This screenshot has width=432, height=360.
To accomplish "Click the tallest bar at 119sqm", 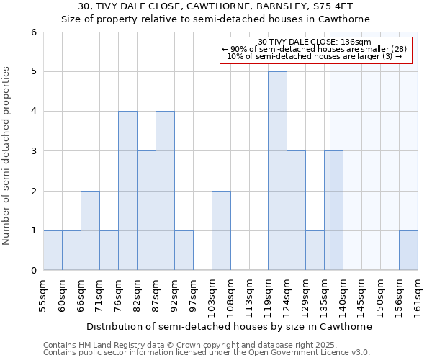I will click(x=277, y=171).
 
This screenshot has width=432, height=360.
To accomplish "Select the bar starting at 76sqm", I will click(x=127, y=190).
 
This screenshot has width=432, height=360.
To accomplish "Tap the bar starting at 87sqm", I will click(x=165, y=190).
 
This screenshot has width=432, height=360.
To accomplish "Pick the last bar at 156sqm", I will click(x=408, y=250).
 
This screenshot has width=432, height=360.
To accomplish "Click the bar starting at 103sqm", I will click(x=221, y=230).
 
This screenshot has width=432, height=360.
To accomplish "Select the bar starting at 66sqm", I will click(x=90, y=230).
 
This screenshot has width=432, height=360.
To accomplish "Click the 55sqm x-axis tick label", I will click(x=43, y=295).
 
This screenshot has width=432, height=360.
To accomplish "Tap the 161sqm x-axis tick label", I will click(x=418, y=295).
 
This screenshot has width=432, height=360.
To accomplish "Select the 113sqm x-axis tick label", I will click(x=249, y=295).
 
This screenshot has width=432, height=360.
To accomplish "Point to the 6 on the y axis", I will click(x=33, y=32).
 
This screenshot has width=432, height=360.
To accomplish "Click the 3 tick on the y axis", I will click(x=33, y=151).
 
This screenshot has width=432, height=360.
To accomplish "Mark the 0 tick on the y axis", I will click(x=33, y=271).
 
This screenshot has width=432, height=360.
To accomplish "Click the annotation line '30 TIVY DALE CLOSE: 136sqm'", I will click(x=314, y=42).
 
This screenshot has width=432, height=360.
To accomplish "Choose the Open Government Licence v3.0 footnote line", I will click(x=207, y=353).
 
